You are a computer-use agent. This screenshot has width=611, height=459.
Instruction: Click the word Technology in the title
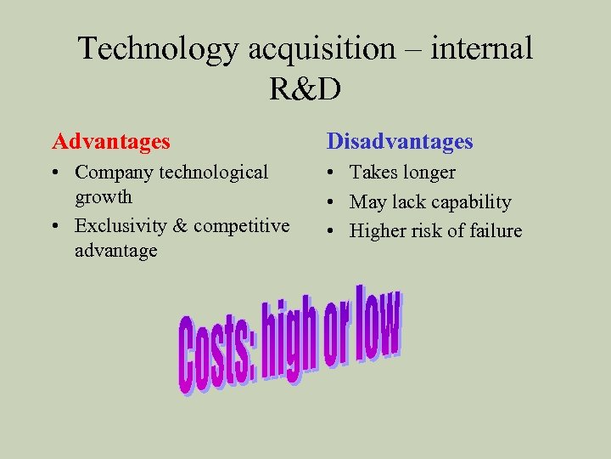point(159,48)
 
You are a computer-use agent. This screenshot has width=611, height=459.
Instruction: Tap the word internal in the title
point(482,48)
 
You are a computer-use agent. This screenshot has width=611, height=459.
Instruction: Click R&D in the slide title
point(305,88)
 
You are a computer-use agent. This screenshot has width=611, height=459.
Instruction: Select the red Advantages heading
point(111,141)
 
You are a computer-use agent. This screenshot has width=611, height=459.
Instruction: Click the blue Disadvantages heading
point(400,141)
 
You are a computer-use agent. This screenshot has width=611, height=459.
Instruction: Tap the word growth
point(104,196)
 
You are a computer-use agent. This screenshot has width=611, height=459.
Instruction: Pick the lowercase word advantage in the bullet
point(115,251)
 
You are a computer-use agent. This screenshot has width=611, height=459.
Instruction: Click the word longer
point(428,173)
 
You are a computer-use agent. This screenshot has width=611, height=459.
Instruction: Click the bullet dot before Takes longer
point(333,173)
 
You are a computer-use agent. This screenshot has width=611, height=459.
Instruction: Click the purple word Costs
point(213,353)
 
